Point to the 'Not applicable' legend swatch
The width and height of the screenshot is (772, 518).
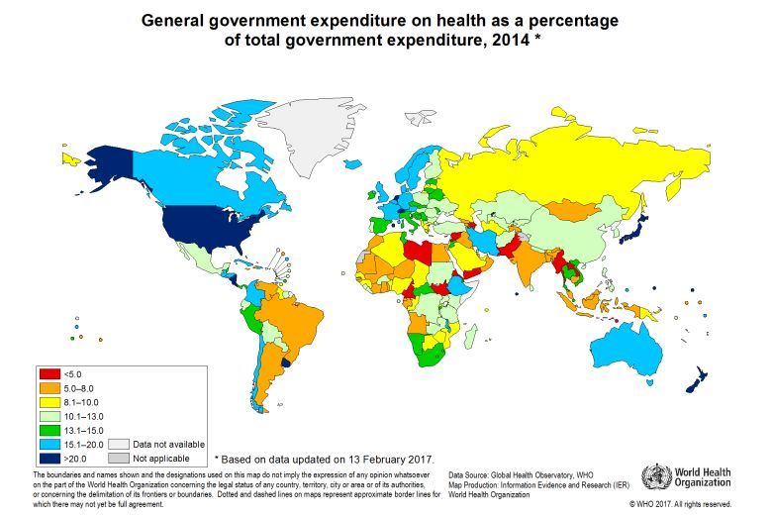119,459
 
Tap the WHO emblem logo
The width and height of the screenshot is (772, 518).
656,478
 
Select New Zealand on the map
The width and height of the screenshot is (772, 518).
698,377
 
